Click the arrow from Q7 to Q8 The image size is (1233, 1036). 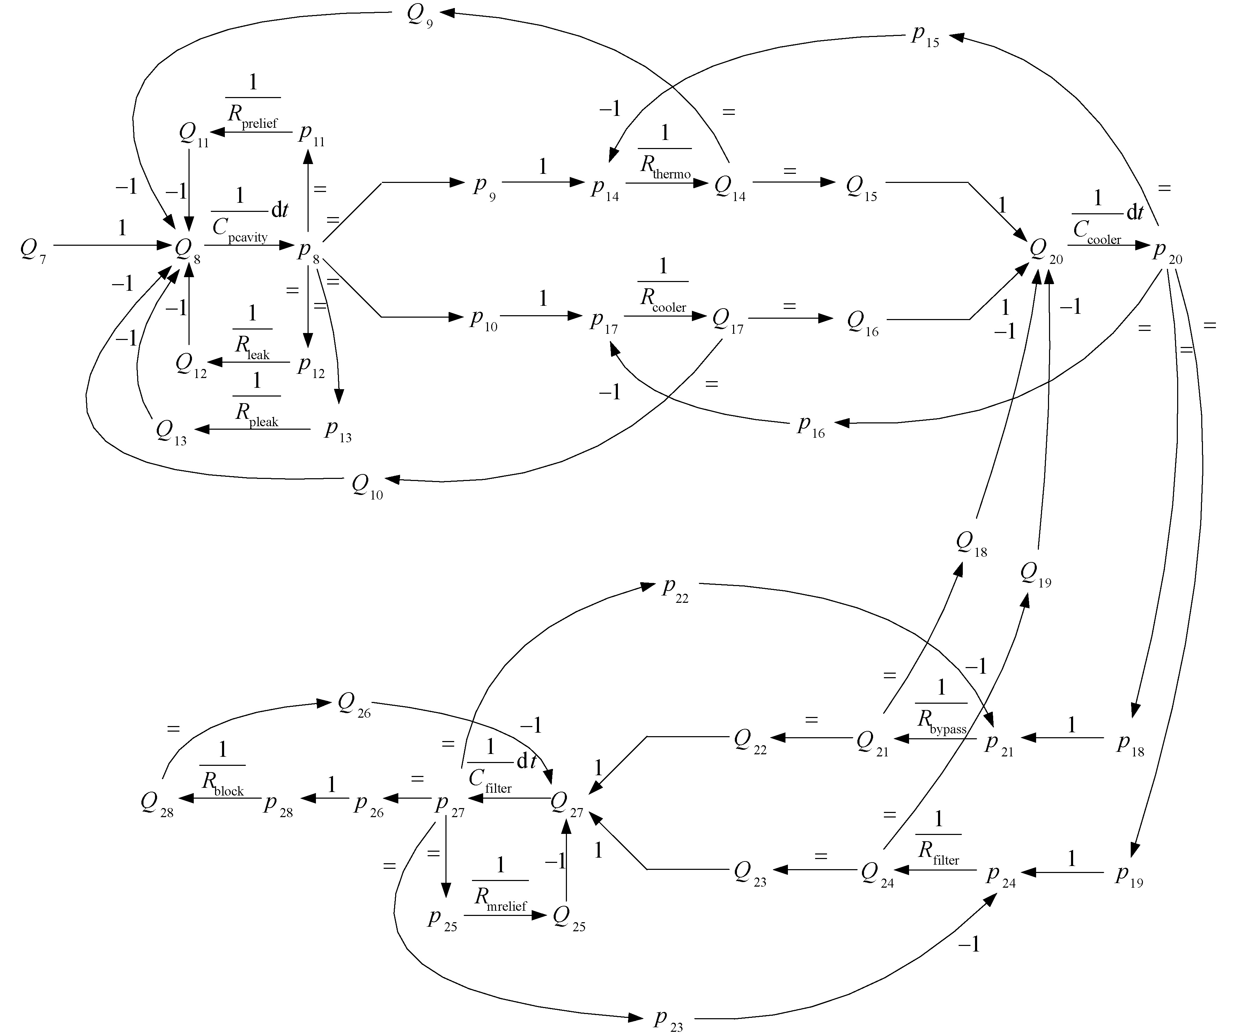click(x=112, y=245)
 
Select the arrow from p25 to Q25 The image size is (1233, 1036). click(x=505, y=915)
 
